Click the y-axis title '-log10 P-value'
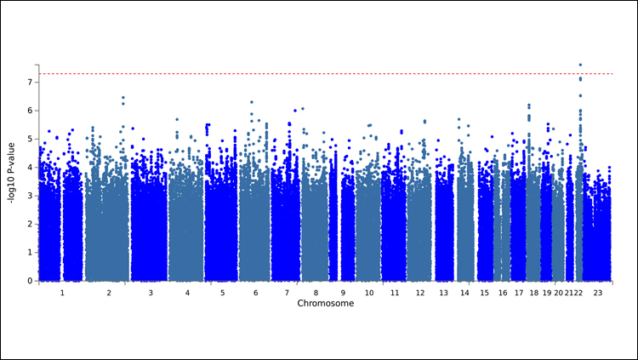click(x=11, y=173)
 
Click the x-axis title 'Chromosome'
click(x=326, y=303)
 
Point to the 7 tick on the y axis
click(x=30, y=83)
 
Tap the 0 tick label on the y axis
click(x=30, y=281)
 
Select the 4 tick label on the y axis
click(x=30, y=168)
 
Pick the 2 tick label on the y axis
click(x=30, y=224)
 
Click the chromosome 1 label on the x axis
click(x=61, y=292)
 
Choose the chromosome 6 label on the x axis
click(x=254, y=292)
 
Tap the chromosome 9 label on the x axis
click(x=343, y=292)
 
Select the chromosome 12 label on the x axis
click(x=419, y=292)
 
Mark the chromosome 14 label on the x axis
click(x=465, y=292)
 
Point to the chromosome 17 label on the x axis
click(x=518, y=292)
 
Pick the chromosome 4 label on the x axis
click(x=186, y=292)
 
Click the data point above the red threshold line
click(x=580, y=65)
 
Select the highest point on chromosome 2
click(x=123, y=98)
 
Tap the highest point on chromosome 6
click(x=251, y=102)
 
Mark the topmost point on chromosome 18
click(x=528, y=106)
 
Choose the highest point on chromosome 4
click(x=177, y=120)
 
